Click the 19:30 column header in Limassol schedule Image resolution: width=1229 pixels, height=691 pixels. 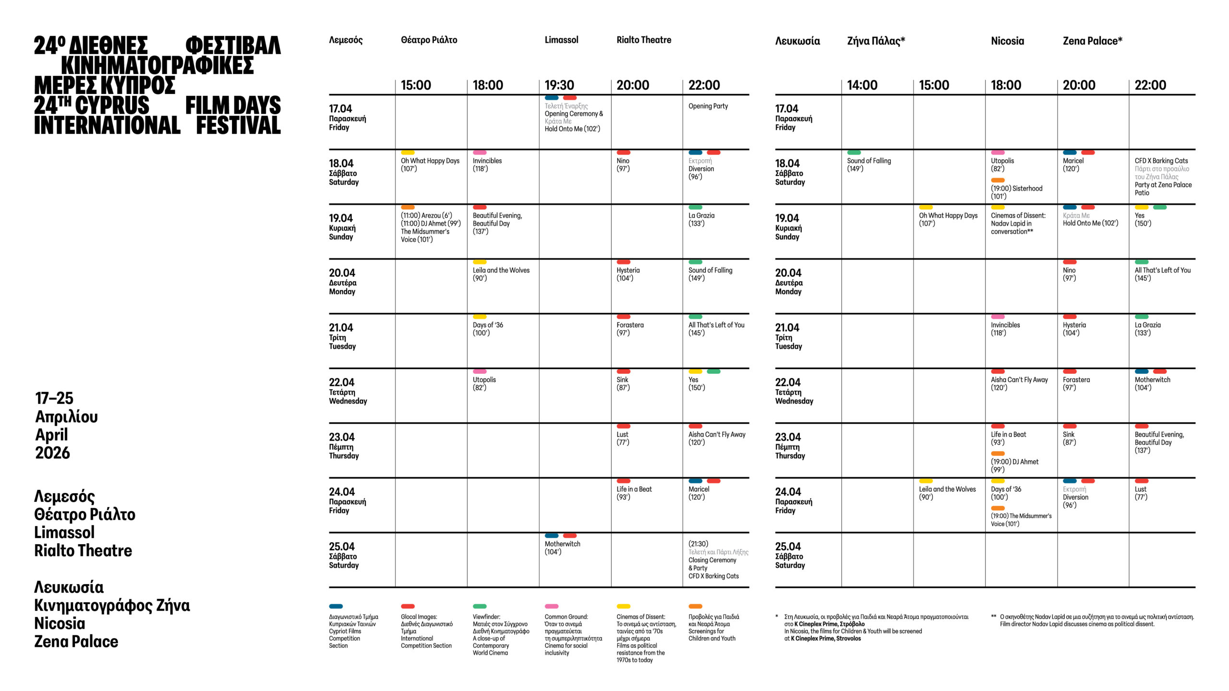[x=559, y=85]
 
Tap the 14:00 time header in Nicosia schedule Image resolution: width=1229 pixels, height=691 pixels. [x=862, y=85]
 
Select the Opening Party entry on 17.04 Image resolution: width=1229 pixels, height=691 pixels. [x=708, y=106]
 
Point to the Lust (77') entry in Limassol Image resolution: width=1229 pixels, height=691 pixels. [x=623, y=438]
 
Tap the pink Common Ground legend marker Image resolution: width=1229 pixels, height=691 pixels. [x=552, y=606]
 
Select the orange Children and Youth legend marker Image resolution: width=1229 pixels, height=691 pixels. [x=695, y=606]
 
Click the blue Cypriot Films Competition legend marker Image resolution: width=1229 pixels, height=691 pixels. [x=336, y=606]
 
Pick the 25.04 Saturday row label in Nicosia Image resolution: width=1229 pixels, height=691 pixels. [x=790, y=555]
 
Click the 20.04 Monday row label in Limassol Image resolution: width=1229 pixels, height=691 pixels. [x=342, y=282]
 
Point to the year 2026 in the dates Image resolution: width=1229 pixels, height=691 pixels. [x=52, y=453]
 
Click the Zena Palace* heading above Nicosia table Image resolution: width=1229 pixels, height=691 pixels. [x=1092, y=41]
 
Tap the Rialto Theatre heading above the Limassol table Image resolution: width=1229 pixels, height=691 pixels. [x=644, y=40]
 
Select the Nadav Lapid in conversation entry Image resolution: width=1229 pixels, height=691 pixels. [x=1018, y=224]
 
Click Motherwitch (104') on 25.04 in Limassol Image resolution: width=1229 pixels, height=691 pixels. [x=562, y=548]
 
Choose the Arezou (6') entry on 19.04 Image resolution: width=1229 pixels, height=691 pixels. [x=426, y=215]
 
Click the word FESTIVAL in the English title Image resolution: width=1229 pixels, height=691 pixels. [x=238, y=125]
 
